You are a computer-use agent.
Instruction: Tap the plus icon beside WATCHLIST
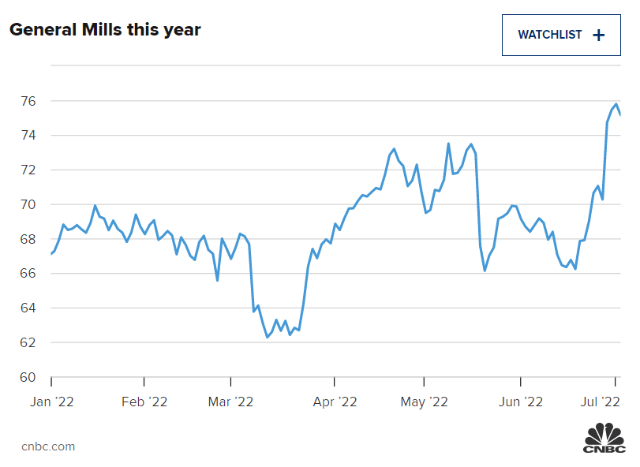pyautogui.click(x=598, y=35)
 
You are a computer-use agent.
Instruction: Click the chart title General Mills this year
pyautogui.click(x=105, y=30)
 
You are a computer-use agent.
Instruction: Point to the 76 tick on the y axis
pyautogui.click(x=28, y=101)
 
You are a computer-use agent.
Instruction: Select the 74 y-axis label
pyautogui.click(x=28, y=136)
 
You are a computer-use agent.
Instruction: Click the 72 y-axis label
pyautogui.click(x=28, y=170)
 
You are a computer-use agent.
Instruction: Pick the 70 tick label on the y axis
pyautogui.click(x=28, y=204)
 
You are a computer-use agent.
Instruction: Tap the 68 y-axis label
pyautogui.click(x=28, y=239)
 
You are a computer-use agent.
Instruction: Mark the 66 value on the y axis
pyautogui.click(x=28, y=273)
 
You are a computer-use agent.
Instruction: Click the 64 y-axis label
pyautogui.click(x=28, y=308)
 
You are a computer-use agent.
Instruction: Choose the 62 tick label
pyautogui.click(x=28, y=342)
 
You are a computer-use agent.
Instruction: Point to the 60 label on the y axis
pyautogui.click(x=28, y=377)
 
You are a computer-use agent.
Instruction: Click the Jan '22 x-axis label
pyautogui.click(x=51, y=402)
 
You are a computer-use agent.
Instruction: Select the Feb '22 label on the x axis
pyautogui.click(x=144, y=402)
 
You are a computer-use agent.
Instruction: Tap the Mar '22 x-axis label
pyautogui.click(x=230, y=402)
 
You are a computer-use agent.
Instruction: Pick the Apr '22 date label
pyautogui.click(x=335, y=402)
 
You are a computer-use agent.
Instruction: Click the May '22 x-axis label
pyautogui.click(x=424, y=402)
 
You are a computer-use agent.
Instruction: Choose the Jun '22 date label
pyautogui.click(x=520, y=402)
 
